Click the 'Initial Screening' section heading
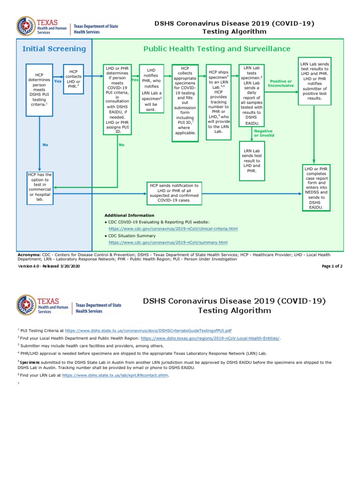[54, 49]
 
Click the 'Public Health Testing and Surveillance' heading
[217, 49]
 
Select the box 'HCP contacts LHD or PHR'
[73, 79]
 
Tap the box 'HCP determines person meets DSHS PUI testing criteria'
[39, 89]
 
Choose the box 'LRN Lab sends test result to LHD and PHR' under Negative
[252, 161]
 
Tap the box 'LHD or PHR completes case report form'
[316, 188]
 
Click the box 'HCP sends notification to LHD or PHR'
[174, 193]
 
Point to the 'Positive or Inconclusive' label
[281, 83]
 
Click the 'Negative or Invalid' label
[264, 133]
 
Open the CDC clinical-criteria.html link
[173, 229]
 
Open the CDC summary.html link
[168, 242]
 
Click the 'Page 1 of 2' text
[332, 266]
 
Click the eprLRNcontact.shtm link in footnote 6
[115, 375]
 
